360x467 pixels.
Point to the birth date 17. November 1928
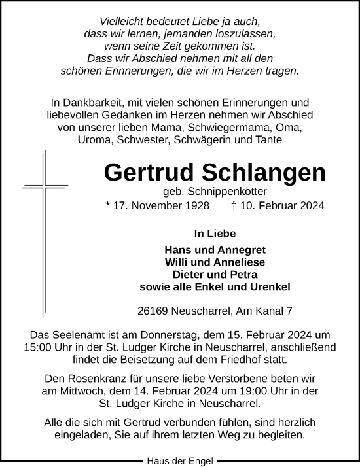coord(158,206)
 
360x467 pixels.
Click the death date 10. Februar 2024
coord(278,206)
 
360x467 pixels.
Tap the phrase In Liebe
coord(215,233)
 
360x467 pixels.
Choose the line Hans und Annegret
coord(215,250)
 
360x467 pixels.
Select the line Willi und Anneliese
coord(215,262)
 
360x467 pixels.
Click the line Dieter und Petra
coord(215,275)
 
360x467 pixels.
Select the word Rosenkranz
coord(96,379)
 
